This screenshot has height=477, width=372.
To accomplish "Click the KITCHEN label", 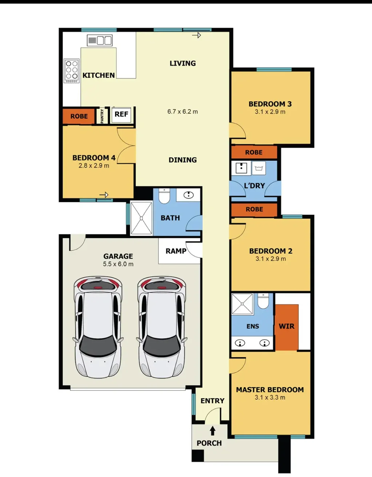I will click(99, 75).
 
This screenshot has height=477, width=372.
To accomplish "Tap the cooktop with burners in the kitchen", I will click(72, 71).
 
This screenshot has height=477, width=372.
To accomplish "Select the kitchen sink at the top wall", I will click(100, 40).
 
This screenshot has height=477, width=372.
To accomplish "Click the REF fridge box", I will click(121, 114).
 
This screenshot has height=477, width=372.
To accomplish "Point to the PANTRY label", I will click(102, 116).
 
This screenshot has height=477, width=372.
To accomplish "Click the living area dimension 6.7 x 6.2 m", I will click(183, 112).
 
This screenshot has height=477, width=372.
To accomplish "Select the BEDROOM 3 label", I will click(270, 104).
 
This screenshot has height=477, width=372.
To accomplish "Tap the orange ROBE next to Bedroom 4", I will click(79, 116).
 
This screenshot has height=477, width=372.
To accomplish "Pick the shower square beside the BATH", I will click(141, 218).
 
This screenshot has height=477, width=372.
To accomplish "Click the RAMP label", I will click(176, 251).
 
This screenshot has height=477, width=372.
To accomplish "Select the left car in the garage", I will click(98, 327).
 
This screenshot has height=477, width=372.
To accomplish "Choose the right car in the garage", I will click(162, 327).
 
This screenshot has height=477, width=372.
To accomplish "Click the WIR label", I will click(287, 326).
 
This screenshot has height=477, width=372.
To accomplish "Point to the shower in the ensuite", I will click(242, 303).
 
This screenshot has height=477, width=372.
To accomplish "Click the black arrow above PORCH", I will click(213, 431).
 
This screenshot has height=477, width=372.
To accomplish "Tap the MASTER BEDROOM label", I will click(270, 390).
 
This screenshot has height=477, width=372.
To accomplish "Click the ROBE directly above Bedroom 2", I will click(254, 209).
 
